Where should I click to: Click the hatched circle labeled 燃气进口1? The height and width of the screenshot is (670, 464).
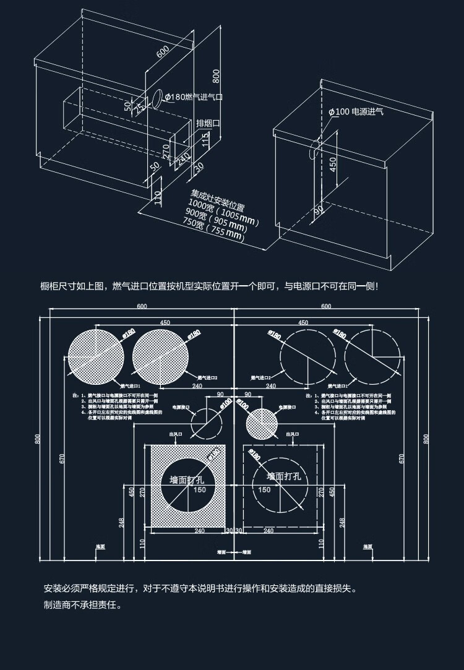pos(95,357)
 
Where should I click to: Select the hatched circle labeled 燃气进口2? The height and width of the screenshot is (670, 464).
pos(161,357)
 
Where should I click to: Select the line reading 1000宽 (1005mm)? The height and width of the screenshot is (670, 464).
pos(223,210)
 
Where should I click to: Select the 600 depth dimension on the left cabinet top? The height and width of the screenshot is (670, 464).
pos(163,52)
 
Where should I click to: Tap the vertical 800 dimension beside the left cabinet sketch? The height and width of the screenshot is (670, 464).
pos(216,75)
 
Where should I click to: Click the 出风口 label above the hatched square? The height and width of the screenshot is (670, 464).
pos(176,435)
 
